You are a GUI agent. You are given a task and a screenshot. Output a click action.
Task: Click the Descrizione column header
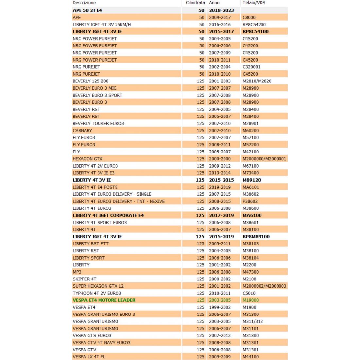[84, 3]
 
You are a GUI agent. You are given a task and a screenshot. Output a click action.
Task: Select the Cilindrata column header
[195, 3]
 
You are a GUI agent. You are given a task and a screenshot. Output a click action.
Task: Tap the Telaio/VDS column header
[254, 3]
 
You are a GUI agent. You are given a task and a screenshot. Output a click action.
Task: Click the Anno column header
[214, 3]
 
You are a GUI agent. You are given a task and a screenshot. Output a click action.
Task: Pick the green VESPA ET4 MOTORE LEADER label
[104, 300]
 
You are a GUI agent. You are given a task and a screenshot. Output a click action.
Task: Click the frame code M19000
[251, 300]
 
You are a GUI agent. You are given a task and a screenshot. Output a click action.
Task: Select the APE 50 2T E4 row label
[87, 10]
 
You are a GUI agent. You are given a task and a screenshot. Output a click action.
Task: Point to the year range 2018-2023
[222, 10]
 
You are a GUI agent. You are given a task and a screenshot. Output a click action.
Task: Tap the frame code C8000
[249, 17]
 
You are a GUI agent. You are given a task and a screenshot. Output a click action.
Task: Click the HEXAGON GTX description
[87, 159]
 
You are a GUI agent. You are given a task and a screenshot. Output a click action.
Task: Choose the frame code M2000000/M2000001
[264, 159]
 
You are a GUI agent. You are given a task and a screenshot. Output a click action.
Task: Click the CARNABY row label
[82, 131]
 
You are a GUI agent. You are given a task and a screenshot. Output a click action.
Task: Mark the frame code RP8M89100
[256, 237]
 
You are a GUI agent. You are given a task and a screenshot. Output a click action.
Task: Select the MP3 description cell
[77, 272]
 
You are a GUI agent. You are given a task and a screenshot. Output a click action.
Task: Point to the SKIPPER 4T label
[84, 279]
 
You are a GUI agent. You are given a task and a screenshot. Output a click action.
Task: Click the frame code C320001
[252, 67]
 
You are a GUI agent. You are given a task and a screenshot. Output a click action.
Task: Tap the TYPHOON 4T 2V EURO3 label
[97, 293]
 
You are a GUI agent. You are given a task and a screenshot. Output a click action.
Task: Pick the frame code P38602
[250, 201]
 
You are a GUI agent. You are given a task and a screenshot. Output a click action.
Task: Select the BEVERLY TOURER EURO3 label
[98, 123]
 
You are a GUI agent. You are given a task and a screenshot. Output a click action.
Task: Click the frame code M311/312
[253, 321]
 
